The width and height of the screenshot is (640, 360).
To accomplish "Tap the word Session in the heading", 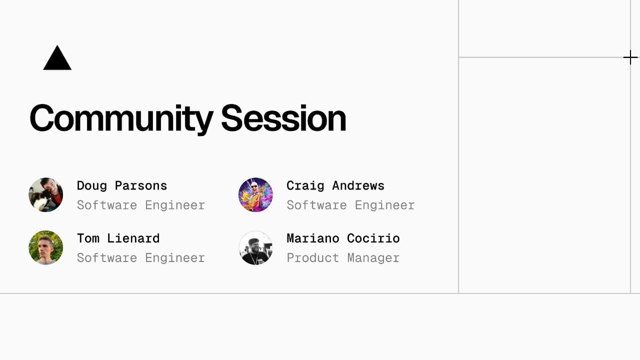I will pyautogui.click(x=283, y=118).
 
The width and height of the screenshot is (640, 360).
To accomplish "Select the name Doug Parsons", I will pyautogui.click(x=122, y=185).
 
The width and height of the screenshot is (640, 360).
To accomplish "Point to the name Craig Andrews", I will pyautogui.click(x=335, y=185).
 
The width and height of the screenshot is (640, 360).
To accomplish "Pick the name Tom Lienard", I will pyautogui.click(x=118, y=238).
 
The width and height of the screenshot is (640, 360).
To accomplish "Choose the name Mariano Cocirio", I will pyautogui.click(x=343, y=238).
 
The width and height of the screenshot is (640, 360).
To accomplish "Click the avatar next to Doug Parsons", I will pyautogui.click(x=46, y=195).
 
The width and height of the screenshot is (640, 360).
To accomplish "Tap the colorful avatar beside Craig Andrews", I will pyautogui.click(x=255, y=195).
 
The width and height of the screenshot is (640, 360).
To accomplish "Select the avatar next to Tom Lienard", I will pyautogui.click(x=46, y=247).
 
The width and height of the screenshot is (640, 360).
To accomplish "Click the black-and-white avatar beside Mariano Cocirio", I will pyautogui.click(x=255, y=247).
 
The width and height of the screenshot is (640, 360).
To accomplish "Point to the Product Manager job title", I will pyautogui.click(x=343, y=258).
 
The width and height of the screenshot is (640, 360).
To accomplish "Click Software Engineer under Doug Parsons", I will pyautogui.click(x=141, y=205).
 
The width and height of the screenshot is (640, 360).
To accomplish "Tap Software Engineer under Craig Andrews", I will pyautogui.click(x=350, y=205).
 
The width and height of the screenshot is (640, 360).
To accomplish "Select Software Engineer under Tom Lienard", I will pyautogui.click(x=141, y=258).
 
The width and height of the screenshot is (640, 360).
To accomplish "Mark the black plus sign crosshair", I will pyautogui.click(x=630, y=58).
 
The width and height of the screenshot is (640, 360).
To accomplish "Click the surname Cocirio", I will pyautogui.click(x=373, y=238).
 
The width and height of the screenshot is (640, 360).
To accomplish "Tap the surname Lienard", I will pyautogui.click(x=133, y=238).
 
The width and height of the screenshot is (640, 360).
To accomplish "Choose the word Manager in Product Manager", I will pyautogui.click(x=373, y=258).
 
